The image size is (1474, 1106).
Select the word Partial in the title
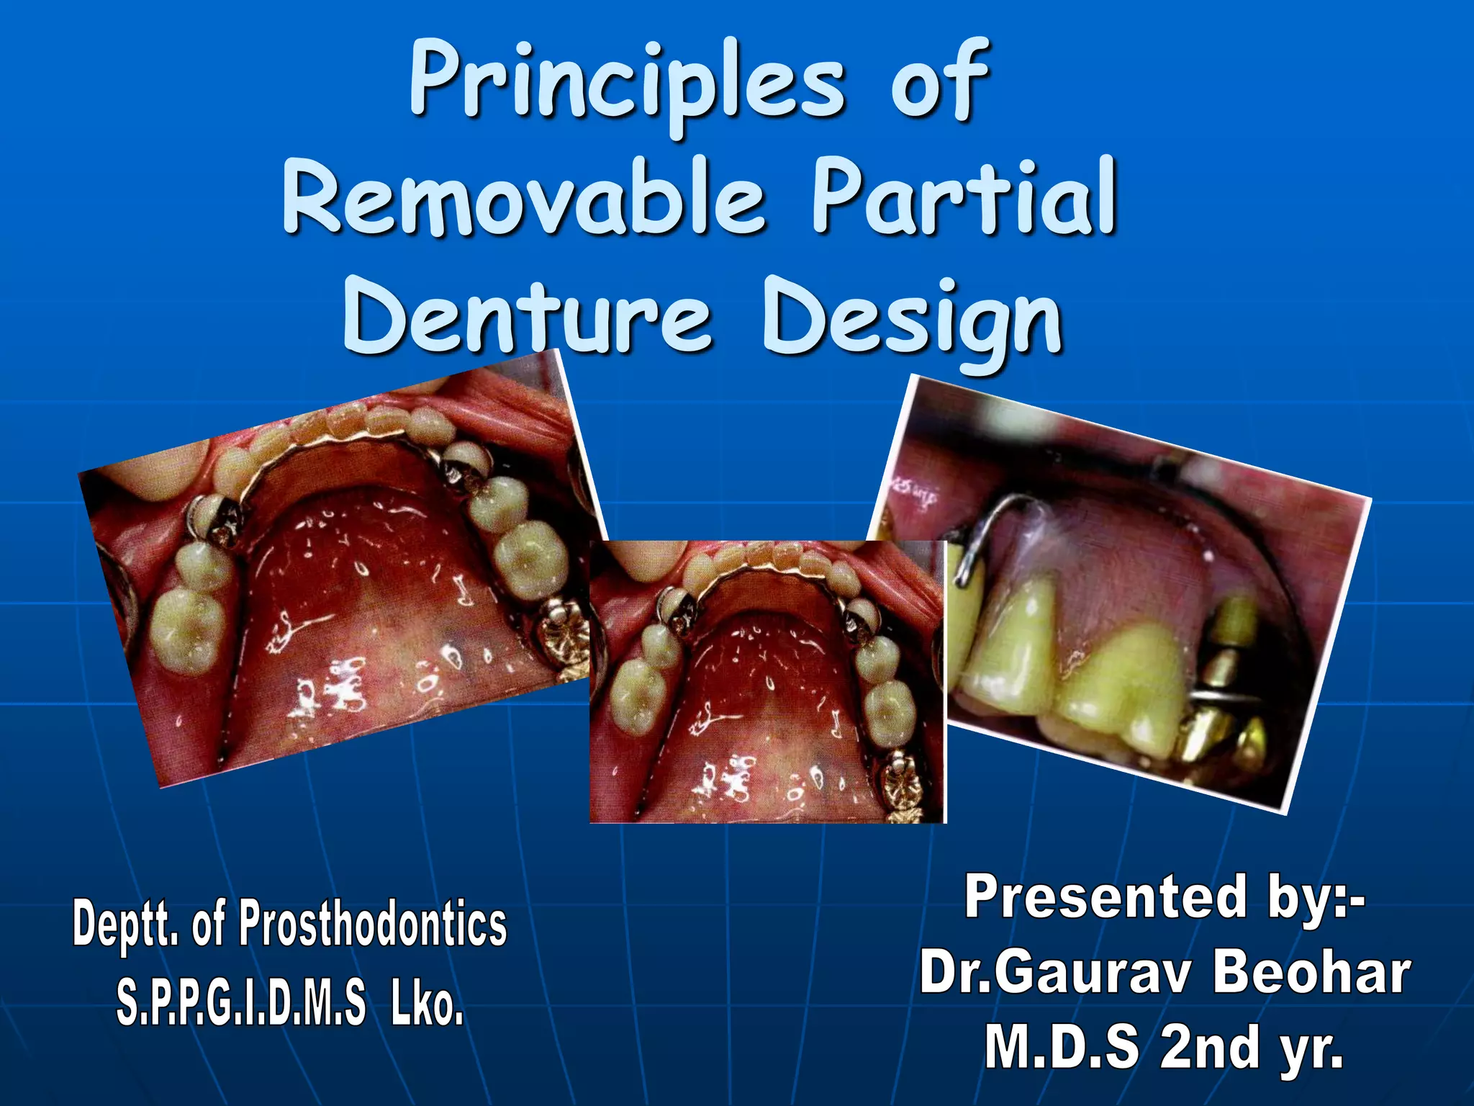point(964,198)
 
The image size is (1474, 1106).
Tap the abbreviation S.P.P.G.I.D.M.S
point(241,1004)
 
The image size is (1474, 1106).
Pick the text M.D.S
point(1062,1048)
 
